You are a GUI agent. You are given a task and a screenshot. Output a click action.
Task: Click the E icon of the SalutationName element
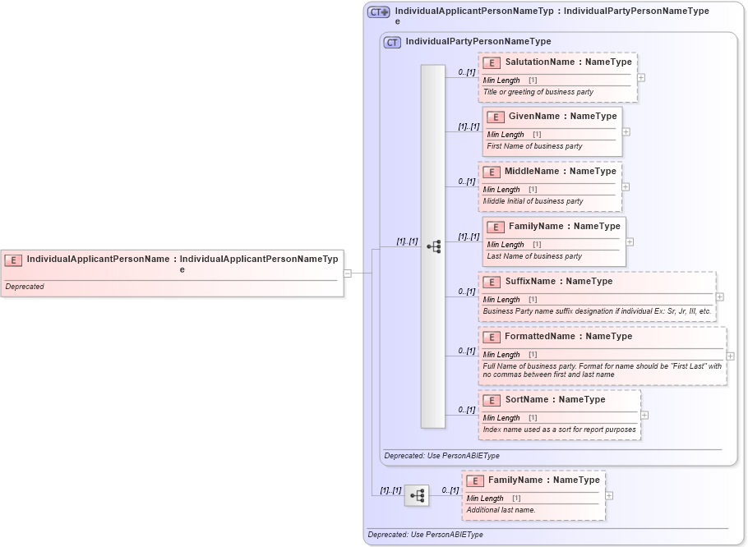point(492,62)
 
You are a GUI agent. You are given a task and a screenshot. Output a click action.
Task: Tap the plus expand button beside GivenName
point(626,131)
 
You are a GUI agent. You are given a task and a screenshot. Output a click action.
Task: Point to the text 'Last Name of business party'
point(534,256)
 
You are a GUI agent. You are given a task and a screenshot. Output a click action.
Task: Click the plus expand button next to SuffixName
point(720,296)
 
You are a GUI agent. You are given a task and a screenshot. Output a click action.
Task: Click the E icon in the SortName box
point(492,401)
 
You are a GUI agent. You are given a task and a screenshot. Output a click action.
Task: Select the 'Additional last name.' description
point(501,510)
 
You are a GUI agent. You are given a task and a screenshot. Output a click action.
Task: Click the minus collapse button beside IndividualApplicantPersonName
point(348,273)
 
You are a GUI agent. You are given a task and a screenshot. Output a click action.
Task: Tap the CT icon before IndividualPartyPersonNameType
point(393,42)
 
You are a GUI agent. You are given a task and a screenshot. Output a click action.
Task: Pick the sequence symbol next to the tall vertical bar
point(433,246)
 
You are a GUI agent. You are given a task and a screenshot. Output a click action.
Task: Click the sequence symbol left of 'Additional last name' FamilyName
point(417,496)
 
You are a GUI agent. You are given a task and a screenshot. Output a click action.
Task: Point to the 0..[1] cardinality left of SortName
point(467,410)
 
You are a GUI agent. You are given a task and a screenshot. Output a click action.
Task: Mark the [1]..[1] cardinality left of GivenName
point(469,126)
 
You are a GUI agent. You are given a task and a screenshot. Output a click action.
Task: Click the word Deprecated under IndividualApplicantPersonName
point(25,287)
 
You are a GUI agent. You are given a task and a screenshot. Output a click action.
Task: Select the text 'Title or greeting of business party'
point(538,92)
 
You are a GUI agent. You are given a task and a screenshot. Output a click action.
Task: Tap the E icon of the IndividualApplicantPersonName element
point(13,260)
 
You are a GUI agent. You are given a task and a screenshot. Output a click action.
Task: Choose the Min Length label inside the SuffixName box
point(501,300)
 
